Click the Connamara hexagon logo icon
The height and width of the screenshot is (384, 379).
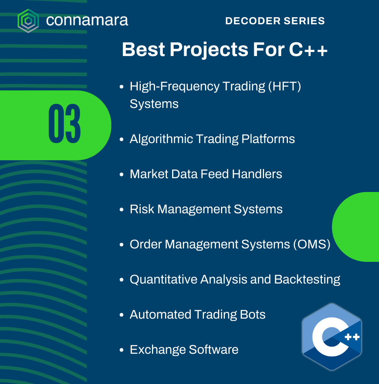(28, 21)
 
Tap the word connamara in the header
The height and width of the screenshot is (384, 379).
(87, 20)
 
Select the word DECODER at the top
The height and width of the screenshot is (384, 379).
(253, 21)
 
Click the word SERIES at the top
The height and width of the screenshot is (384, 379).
(304, 21)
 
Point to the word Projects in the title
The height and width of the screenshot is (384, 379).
(209, 50)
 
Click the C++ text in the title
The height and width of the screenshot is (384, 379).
(308, 50)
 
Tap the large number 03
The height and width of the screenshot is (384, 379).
(64, 123)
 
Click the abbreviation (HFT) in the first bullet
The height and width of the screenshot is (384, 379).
(285, 86)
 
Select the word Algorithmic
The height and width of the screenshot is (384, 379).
(161, 139)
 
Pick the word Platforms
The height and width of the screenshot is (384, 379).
(268, 139)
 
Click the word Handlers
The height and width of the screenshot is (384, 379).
(257, 174)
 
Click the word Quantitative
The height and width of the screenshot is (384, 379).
(163, 279)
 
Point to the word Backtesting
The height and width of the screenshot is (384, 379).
(307, 280)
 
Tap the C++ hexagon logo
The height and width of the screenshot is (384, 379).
(332, 337)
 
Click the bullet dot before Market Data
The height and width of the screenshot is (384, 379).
(121, 174)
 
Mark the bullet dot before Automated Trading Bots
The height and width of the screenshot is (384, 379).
(121, 315)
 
